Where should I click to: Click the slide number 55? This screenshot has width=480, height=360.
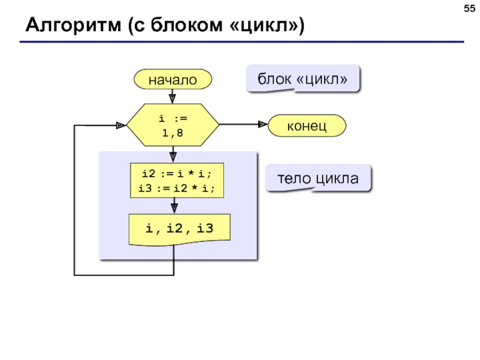[x=469, y=8]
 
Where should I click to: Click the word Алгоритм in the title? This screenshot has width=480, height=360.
[x=73, y=25]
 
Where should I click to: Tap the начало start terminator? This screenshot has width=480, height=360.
[x=173, y=79]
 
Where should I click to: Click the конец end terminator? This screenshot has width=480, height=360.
[x=307, y=125]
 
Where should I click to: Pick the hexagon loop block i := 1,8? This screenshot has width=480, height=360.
[x=173, y=125]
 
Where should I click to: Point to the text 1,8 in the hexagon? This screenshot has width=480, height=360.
[x=173, y=133]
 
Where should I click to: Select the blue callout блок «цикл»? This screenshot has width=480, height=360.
[x=302, y=79]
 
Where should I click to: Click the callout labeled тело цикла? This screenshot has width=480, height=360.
[x=318, y=178]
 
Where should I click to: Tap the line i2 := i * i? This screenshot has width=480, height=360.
[x=176, y=173]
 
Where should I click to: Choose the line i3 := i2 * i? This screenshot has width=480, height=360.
[x=176, y=188]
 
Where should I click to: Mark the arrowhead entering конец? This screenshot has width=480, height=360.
[x=263, y=124]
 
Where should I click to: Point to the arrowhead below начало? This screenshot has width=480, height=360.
[x=172, y=98]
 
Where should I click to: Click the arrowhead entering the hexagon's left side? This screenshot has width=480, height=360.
[x=121, y=125]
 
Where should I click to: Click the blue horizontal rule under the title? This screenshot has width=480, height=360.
[x=242, y=41]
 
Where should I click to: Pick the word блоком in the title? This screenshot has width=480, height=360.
[x=187, y=25]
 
